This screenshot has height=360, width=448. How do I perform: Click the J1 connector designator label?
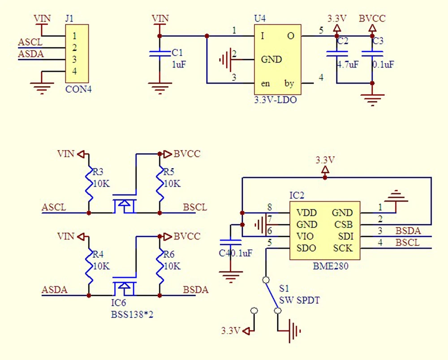click(69, 19)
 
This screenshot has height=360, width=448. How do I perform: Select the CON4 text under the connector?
click(78, 89)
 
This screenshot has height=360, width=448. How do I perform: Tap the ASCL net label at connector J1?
click(30, 43)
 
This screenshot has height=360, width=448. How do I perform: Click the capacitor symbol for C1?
click(160, 54)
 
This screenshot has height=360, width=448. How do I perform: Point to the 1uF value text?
click(179, 64)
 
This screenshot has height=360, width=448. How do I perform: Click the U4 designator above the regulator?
click(259, 19)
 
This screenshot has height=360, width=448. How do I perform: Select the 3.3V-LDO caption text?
click(275, 100)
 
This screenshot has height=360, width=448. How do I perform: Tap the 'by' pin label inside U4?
click(289, 84)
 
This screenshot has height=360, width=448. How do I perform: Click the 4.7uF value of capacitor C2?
click(348, 64)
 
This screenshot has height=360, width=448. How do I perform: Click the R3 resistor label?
click(98, 172)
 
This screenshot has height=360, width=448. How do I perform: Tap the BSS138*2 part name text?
click(132, 314)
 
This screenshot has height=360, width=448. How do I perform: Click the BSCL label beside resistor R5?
click(195, 207)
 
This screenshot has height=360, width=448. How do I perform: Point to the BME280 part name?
click(331, 266)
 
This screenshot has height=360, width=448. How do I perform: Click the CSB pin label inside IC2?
click(343, 224)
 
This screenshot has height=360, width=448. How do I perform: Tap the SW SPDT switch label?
click(299, 300)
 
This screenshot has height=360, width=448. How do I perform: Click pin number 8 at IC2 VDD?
click(269, 207)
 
